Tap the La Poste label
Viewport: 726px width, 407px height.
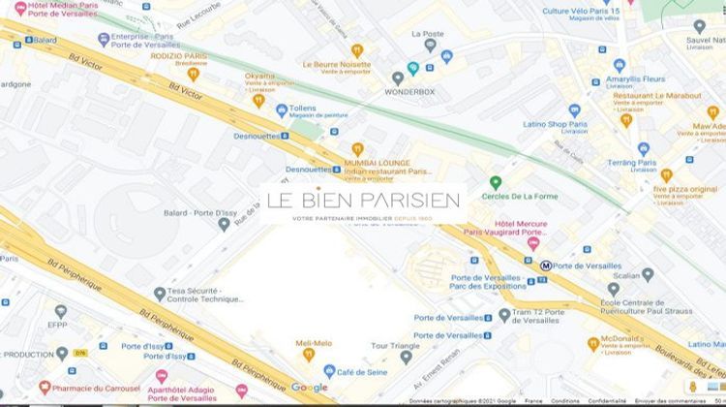(428, 34)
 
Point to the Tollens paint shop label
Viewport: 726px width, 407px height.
(302, 109)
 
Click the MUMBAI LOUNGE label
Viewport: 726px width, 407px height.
(377, 163)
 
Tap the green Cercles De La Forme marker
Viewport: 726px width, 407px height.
(496, 182)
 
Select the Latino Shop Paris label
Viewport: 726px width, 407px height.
(556, 124)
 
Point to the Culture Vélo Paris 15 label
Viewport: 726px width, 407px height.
(580, 12)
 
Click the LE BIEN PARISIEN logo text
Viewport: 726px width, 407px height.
(363, 201)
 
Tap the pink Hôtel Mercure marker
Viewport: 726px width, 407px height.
(532, 243)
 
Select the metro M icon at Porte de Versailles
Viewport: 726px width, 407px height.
(546, 265)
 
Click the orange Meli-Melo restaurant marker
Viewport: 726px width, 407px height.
(308, 354)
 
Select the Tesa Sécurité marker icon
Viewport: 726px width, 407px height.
(160, 294)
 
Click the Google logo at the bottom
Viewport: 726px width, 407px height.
(309, 388)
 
